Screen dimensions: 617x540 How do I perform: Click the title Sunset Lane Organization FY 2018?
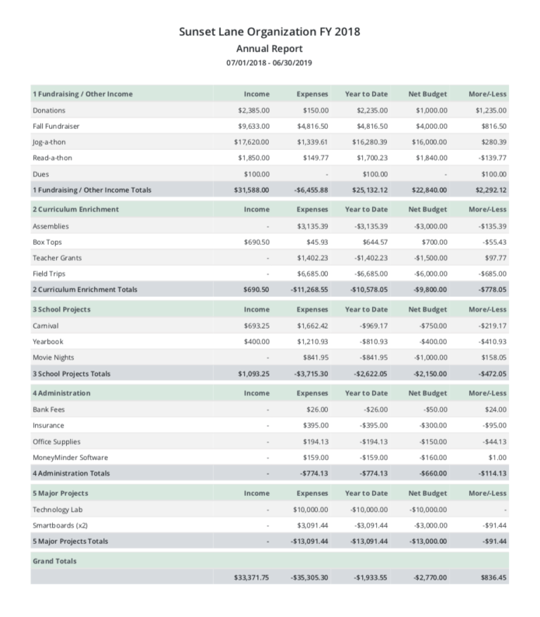[x=269, y=32]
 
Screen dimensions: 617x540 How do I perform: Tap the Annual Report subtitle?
[x=269, y=49]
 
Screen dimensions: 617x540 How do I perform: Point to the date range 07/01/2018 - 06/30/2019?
[x=269, y=63]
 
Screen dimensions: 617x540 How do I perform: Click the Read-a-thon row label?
[x=52, y=158]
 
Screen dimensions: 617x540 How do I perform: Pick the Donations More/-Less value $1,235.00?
[x=491, y=110]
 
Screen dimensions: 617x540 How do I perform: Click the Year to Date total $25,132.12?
[x=369, y=190]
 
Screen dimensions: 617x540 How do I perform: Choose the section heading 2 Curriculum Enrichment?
[x=75, y=209]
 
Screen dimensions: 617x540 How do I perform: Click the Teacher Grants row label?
[x=57, y=257]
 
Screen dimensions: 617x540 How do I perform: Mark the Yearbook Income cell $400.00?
[x=256, y=342]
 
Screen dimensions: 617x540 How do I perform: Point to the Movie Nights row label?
[x=53, y=358]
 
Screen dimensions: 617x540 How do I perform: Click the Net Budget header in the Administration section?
[x=427, y=393]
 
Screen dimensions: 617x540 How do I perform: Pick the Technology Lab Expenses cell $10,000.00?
[x=310, y=509]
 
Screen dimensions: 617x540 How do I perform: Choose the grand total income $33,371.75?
[x=251, y=578]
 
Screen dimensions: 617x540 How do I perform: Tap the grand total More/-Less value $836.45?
[x=493, y=578]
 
